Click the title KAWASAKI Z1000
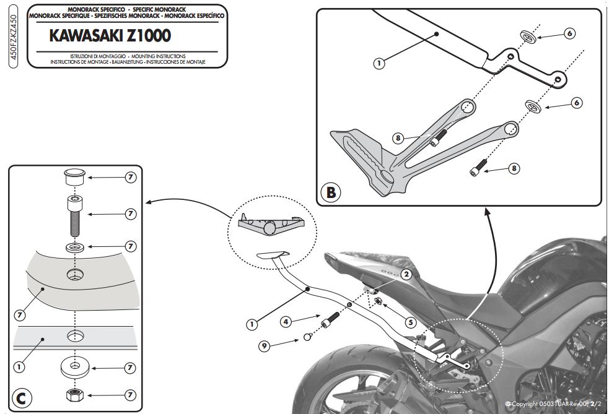click(x=110, y=37)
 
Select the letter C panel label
click(x=21, y=397)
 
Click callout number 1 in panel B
click(x=380, y=62)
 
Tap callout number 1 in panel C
click(x=20, y=367)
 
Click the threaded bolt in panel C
click(x=74, y=215)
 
